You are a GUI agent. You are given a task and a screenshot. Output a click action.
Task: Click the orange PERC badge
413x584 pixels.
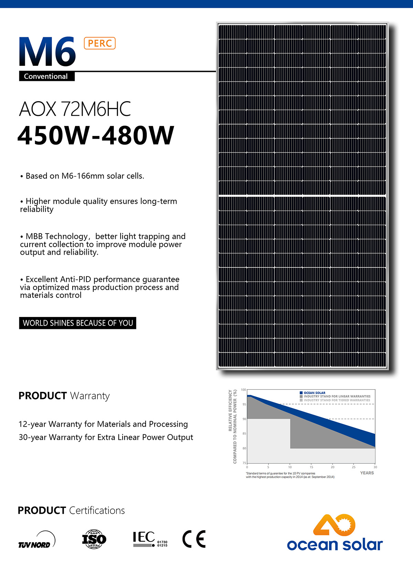99,43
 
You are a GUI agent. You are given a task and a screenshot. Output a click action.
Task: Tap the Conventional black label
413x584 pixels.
46,76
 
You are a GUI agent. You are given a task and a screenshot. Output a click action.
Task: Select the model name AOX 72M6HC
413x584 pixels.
75,109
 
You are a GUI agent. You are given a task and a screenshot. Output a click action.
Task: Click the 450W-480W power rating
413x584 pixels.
96,135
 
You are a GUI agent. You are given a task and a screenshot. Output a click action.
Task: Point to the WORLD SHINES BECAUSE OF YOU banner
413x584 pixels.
77,323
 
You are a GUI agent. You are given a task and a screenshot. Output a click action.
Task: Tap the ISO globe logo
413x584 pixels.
94,539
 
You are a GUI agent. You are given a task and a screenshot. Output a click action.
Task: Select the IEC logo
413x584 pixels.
150,539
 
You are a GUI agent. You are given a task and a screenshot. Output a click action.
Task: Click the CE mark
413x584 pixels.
194,539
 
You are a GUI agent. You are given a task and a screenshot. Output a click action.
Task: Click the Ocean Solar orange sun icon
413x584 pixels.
334,525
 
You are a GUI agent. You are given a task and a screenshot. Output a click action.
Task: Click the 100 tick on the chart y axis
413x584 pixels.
243,390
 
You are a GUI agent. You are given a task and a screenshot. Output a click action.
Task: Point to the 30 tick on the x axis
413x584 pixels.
375,467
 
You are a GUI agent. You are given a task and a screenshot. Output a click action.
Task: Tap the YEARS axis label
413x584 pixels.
367,473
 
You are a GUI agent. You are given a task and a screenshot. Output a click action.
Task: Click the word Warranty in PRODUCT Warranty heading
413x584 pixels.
90,396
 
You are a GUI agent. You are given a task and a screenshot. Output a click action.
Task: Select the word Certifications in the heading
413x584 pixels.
97,510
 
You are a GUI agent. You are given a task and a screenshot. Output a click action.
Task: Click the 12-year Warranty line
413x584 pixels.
103,424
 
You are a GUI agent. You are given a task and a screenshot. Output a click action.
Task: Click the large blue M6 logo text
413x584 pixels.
47,52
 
